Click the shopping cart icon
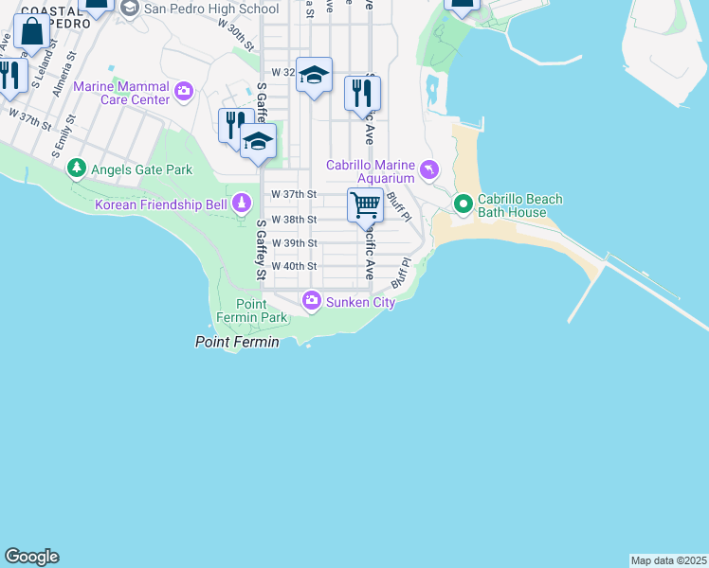[365, 204]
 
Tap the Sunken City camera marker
[311, 301]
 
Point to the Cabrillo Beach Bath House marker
[463, 204]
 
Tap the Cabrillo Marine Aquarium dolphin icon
[429, 169]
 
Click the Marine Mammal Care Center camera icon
[183, 92]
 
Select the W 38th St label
[293, 219]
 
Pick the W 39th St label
[293, 242]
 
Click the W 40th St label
[293, 266]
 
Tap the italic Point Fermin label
[237, 342]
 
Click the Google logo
[31, 557]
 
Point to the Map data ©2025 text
[668, 559]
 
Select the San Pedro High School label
[210, 9]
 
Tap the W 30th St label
[236, 38]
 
